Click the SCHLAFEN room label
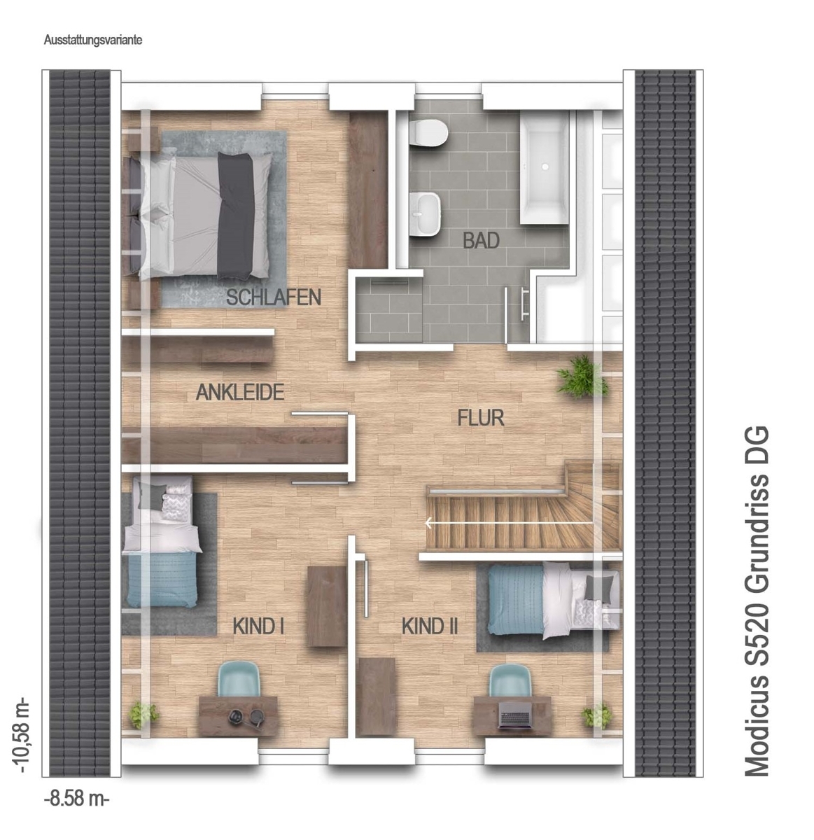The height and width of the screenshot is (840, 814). (x=274, y=297)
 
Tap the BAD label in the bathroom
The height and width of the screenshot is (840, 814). (x=481, y=240)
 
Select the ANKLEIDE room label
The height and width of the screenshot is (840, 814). (x=240, y=393)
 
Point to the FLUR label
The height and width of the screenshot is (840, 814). (x=481, y=418)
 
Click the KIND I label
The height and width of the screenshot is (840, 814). (x=258, y=626)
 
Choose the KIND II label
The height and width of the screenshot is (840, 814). (x=430, y=626)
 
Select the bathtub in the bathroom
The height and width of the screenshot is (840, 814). (x=545, y=167)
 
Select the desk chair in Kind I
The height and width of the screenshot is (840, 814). (x=239, y=680)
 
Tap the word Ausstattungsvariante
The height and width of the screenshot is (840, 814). (x=93, y=40)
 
